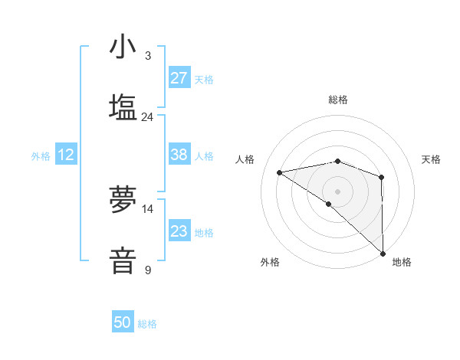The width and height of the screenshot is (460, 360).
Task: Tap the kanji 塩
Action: point(123,108)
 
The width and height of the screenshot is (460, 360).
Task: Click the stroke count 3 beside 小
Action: point(148,56)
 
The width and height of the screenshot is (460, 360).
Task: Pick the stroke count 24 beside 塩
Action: point(148,117)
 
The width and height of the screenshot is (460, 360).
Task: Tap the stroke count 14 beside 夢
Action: point(148,209)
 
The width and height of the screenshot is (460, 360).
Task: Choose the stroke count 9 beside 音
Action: point(148,270)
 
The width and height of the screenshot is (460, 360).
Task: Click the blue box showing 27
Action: point(179,78)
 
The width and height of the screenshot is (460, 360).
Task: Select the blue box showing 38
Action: point(179,155)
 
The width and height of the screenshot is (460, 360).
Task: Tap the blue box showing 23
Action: point(179,231)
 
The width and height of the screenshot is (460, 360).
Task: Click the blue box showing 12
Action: point(66,155)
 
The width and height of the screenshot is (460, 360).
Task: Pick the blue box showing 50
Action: point(123,322)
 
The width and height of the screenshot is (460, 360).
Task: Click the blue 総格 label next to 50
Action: point(147,324)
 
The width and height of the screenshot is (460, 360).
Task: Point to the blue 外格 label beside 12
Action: point(41,156)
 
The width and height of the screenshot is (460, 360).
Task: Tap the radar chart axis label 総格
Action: point(338,100)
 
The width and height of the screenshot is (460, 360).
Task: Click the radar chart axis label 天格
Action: point(432,159)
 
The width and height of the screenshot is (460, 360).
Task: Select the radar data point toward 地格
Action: point(383,254)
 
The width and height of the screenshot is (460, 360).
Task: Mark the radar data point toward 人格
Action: point(280,172)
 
